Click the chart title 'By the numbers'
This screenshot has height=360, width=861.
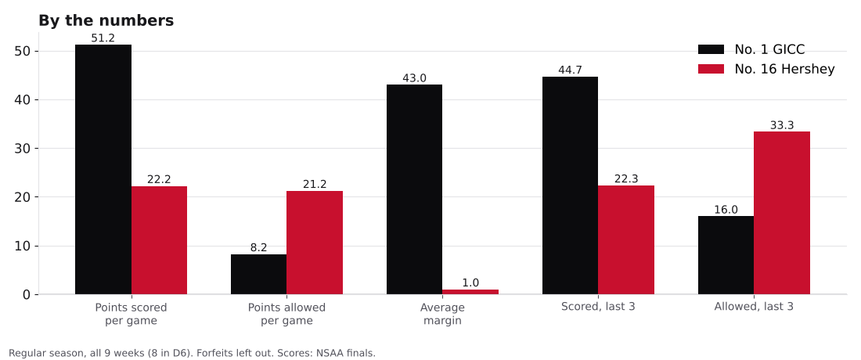tap(106, 21)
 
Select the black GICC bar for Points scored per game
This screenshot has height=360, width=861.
tap(103, 170)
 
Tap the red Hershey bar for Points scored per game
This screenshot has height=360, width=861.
tap(159, 240)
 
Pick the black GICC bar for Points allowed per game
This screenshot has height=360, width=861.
tap(258, 275)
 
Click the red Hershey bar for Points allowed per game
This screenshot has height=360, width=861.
tap(315, 243)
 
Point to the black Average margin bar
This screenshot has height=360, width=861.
tap(415, 189)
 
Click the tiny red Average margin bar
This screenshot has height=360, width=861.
tap(470, 292)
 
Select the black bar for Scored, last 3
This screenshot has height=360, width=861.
tap(570, 185)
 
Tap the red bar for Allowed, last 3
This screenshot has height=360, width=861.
tap(782, 213)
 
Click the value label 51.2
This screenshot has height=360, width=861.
tap(103, 38)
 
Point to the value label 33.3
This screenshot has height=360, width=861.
tap(782, 125)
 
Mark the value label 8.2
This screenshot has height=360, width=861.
tap(258, 247)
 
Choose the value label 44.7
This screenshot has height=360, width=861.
tap(570, 70)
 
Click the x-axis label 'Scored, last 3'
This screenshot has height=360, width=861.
tap(598, 307)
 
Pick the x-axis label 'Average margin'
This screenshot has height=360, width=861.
tap(442, 314)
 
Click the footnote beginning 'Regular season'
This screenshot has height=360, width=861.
tap(193, 354)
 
